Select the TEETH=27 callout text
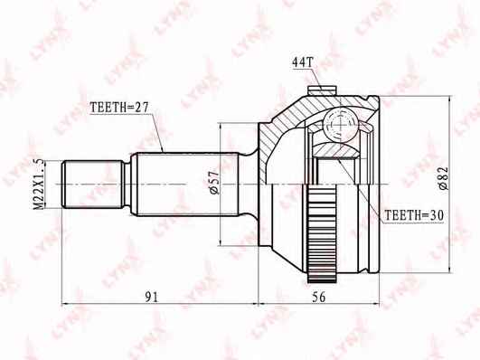pyautogui.click(x=119, y=107)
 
